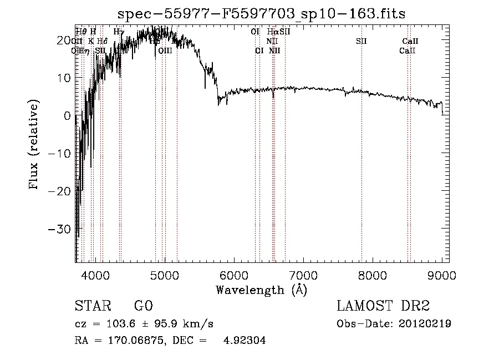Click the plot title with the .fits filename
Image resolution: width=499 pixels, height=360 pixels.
tap(262, 14)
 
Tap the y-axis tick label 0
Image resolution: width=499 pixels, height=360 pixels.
tap(67, 115)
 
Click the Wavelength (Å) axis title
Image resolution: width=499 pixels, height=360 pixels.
tap(262, 290)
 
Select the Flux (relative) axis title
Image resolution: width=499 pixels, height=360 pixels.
tap(34, 145)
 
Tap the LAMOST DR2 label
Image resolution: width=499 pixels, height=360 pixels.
tap(383, 306)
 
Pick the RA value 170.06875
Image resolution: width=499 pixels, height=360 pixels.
tap(133, 341)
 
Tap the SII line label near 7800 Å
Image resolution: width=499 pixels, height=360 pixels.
tap(361, 41)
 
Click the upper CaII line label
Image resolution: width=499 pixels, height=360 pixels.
tap(410, 41)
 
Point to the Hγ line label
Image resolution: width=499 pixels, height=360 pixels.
tap(119, 32)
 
